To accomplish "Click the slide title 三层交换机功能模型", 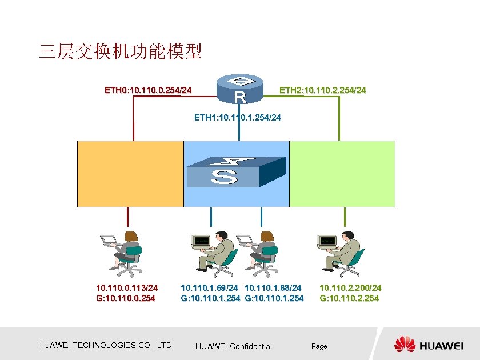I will tap(120, 53).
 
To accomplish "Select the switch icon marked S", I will tap(235, 171).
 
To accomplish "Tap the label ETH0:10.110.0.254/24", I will tap(148, 90).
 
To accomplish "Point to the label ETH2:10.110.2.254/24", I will tap(322, 90).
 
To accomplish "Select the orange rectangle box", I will tap(130, 173).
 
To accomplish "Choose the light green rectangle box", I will tap(342, 173).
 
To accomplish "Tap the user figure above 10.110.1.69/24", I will tap(213, 252).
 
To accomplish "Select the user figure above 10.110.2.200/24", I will tap(341, 252).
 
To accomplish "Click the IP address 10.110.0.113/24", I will tap(127, 288).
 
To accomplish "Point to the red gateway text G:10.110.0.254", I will tap(125, 298).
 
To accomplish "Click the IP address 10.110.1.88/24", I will tap(273, 288).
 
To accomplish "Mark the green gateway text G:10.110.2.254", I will tap(349, 298).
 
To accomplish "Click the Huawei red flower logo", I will tap(405, 345).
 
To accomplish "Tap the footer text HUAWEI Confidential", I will tap(233, 346).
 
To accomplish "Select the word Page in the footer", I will tap(319, 346).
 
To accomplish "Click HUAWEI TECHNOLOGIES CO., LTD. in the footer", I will tap(106, 345).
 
